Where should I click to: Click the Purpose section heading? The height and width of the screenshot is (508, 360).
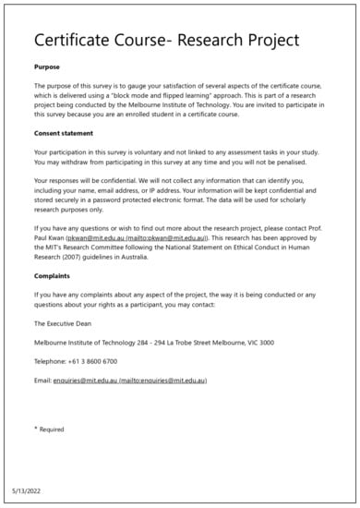pos(48,67)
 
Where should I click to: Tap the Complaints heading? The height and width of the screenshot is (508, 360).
pos(54,275)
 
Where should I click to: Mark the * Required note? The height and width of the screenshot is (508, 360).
pos(49,429)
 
